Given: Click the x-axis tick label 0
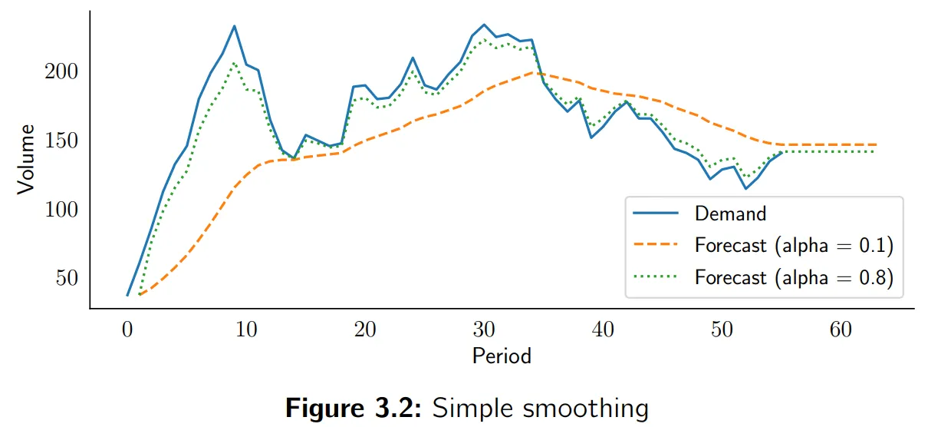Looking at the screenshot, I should pyautogui.click(x=127, y=330).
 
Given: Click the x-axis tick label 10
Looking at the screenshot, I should pyautogui.click(x=246, y=330).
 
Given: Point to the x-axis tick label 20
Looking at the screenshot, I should pyautogui.click(x=365, y=330).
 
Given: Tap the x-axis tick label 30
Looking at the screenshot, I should pyautogui.click(x=484, y=330).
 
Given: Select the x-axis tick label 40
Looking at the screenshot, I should pyautogui.click(x=603, y=330).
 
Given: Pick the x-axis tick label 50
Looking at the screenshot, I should pyautogui.click(x=722, y=330).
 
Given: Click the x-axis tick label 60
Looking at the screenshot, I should pyautogui.click(x=841, y=330).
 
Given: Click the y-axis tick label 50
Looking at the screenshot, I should pyautogui.click(x=67, y=279).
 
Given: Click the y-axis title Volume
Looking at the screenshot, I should pyautogui.click(x=26, y=159).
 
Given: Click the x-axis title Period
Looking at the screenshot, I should pyautogui.click(x=502, y=356).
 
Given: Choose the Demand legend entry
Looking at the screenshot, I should pyautogui.click(x=730, y=213).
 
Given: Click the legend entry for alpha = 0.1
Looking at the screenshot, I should pyautogui.click(x=794, y=246).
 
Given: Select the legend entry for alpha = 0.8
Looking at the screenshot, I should pyautogui.click(x=794, y=278).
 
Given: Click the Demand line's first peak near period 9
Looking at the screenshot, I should pyautogui.click(x=235, y=26).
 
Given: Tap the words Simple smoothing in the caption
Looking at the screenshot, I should pyautogui.click(x=541, y=409).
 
